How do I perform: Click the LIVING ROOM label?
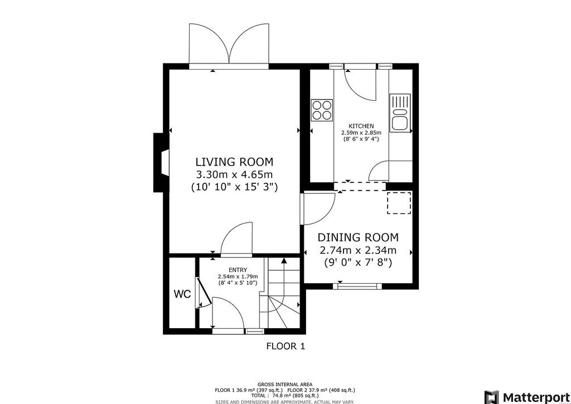click(234, 162)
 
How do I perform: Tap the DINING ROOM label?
click(358, 237)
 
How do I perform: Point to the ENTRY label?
click(238, 270)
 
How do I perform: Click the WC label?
click(182, 294)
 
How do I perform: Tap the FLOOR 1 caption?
click(285, 346)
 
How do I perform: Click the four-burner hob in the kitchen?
click(322, 110)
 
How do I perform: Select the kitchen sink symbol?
click(400, 113)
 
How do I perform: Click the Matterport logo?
click(527, 397)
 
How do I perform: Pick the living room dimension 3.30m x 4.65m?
click(234, 174)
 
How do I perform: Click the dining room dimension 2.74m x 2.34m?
click(358, 250)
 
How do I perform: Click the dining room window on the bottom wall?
click(357, 286)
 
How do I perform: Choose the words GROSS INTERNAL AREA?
click(285, 384)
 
